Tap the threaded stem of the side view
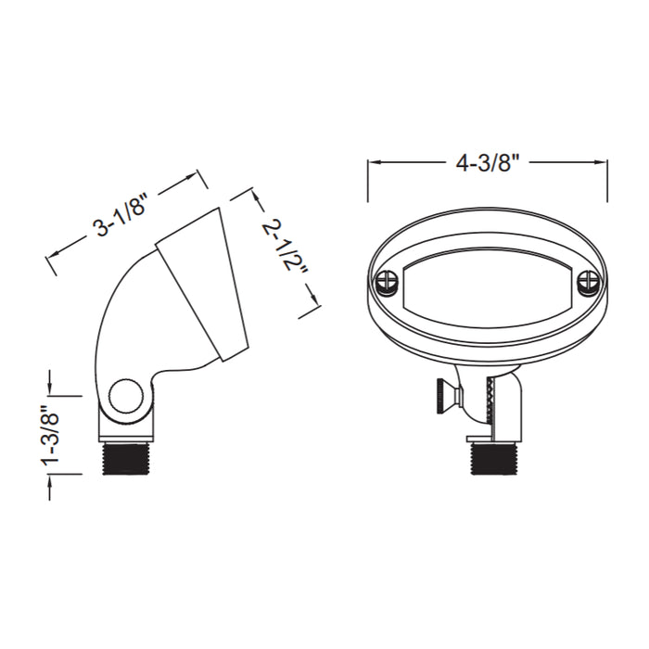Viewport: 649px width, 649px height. point(126,458)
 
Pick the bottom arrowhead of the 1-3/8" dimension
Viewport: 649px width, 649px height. point(50,477)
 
